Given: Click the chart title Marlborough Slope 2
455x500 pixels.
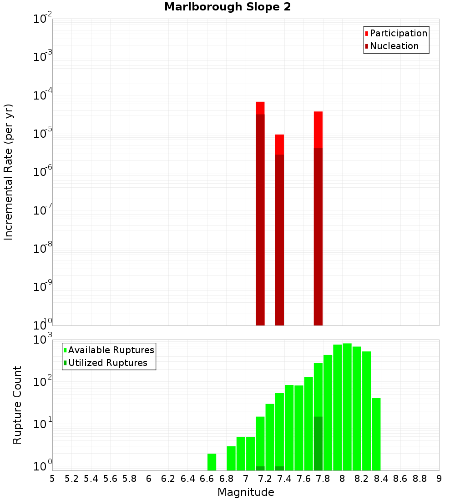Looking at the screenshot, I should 227,7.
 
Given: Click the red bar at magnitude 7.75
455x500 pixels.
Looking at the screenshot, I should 318,130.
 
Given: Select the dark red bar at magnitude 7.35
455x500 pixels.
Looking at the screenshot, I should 279,241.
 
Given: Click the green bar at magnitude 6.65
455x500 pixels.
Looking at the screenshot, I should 212,462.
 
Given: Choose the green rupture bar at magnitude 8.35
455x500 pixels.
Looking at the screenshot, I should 376,434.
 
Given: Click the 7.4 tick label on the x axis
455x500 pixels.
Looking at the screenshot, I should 284,479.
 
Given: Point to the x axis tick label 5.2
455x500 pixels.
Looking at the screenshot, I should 71,479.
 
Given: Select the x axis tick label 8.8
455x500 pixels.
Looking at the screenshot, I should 420,479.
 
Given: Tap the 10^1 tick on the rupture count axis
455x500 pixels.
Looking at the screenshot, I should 43,424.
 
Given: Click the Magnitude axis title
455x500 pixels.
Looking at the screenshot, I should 246,492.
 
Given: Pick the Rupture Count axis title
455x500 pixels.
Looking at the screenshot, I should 17,405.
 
